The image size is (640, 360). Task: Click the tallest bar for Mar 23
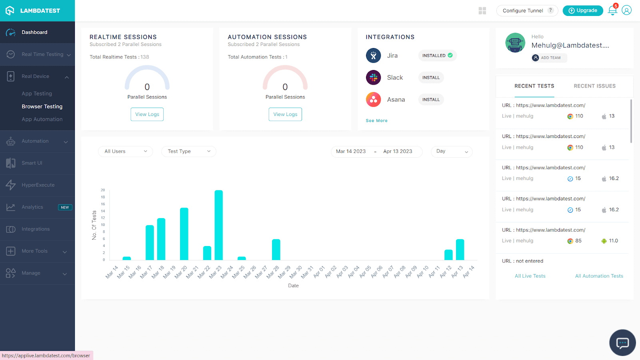[218, 225]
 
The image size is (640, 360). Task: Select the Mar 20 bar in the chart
[184, 234]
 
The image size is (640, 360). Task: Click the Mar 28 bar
[276, 250]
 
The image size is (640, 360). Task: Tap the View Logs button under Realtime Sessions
[147, 114]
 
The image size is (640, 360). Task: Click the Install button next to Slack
[431, 78]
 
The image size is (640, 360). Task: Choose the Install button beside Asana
[431, 100]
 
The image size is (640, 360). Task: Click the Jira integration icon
[373, 56]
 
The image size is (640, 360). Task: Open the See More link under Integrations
[376, 120]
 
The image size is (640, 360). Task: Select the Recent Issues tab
[594, 86]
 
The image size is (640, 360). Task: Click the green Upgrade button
[582, 10]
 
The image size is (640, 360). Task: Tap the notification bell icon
[612, 11]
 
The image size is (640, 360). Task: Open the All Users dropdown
[125, 151]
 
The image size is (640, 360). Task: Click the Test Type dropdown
[188, 151]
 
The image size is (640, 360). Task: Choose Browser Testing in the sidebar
[42, 106]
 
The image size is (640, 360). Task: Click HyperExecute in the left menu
[38, 185]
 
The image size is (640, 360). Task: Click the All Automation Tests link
[599, 276]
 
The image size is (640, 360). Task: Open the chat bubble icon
[622, 342]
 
